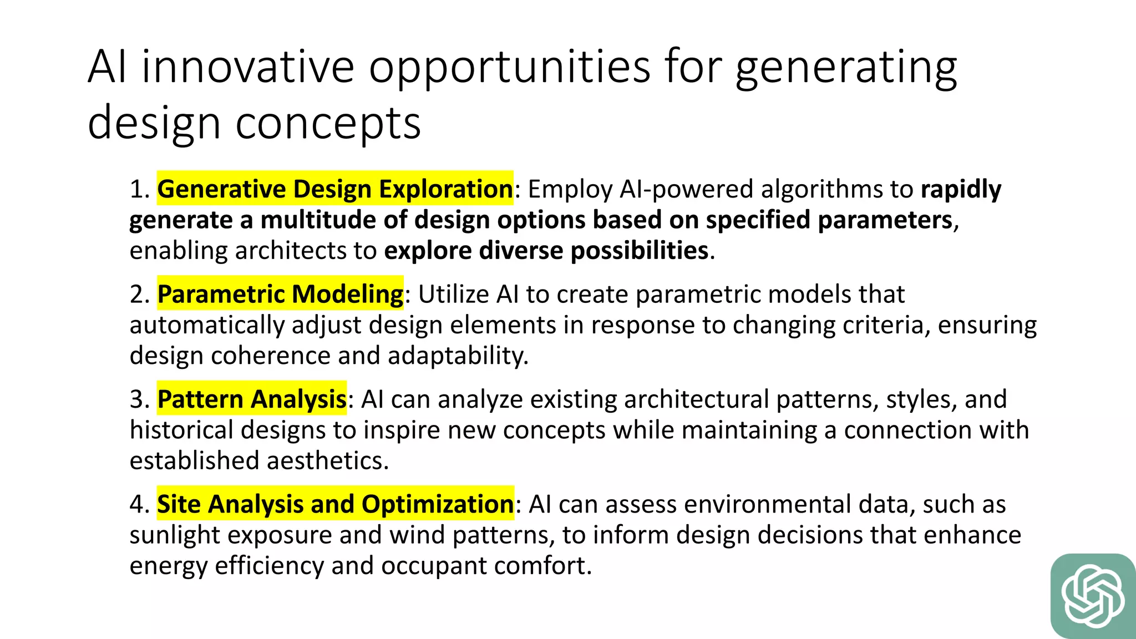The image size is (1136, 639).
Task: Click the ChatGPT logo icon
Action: point(1093,596)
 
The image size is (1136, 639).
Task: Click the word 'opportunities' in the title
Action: point(510,68)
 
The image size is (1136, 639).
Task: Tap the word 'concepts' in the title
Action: point(328,123)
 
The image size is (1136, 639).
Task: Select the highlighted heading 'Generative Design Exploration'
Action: point(335,189)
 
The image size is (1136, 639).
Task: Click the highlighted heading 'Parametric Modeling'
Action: point(280,294)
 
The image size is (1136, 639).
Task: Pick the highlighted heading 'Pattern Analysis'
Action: point(252,399)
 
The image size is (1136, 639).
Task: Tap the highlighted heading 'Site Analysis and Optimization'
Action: point(335,504)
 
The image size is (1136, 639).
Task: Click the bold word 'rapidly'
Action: point(961,190)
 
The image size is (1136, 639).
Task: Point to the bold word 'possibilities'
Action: point(639,251)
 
